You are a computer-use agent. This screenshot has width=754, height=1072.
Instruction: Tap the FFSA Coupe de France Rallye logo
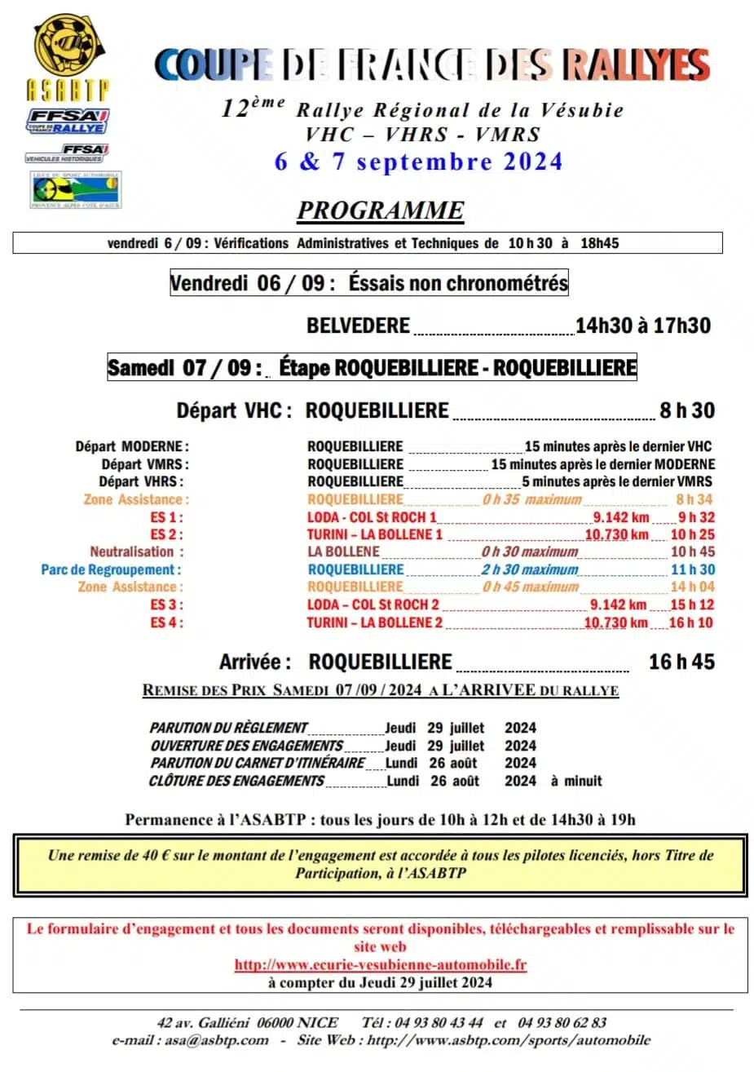click(68, 122)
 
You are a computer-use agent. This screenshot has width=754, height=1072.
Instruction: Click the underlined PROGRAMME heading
click(380, 210)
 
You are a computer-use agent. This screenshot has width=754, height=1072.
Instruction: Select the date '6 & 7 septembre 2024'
click(418, 162)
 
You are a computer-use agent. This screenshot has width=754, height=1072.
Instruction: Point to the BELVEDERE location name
click(358, 326)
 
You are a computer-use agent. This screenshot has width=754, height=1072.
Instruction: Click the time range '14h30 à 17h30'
click(642, 326)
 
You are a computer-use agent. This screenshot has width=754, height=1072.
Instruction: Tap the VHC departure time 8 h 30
click(686, 410)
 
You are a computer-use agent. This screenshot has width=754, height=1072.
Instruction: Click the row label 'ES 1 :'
click(166, 517)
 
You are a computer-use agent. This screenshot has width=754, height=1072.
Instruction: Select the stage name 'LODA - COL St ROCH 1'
click(372, 517)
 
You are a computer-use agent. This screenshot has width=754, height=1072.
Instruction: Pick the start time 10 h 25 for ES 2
click(692, 534)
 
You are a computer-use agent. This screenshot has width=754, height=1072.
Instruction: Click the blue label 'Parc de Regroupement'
click(111, 569)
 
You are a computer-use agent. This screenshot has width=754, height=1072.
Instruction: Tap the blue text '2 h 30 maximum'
click(529, 569)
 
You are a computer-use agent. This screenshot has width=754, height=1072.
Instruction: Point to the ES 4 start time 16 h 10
click(691, 622)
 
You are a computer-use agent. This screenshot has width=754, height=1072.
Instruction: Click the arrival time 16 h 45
click(681, 662)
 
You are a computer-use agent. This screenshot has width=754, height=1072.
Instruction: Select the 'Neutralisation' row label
click(136, 552)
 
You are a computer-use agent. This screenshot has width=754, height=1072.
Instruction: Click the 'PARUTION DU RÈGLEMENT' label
click(228, 728)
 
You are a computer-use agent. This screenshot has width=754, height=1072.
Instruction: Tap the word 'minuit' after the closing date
click(583, 781)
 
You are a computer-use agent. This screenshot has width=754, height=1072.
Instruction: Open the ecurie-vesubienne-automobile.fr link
click(380, 964)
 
